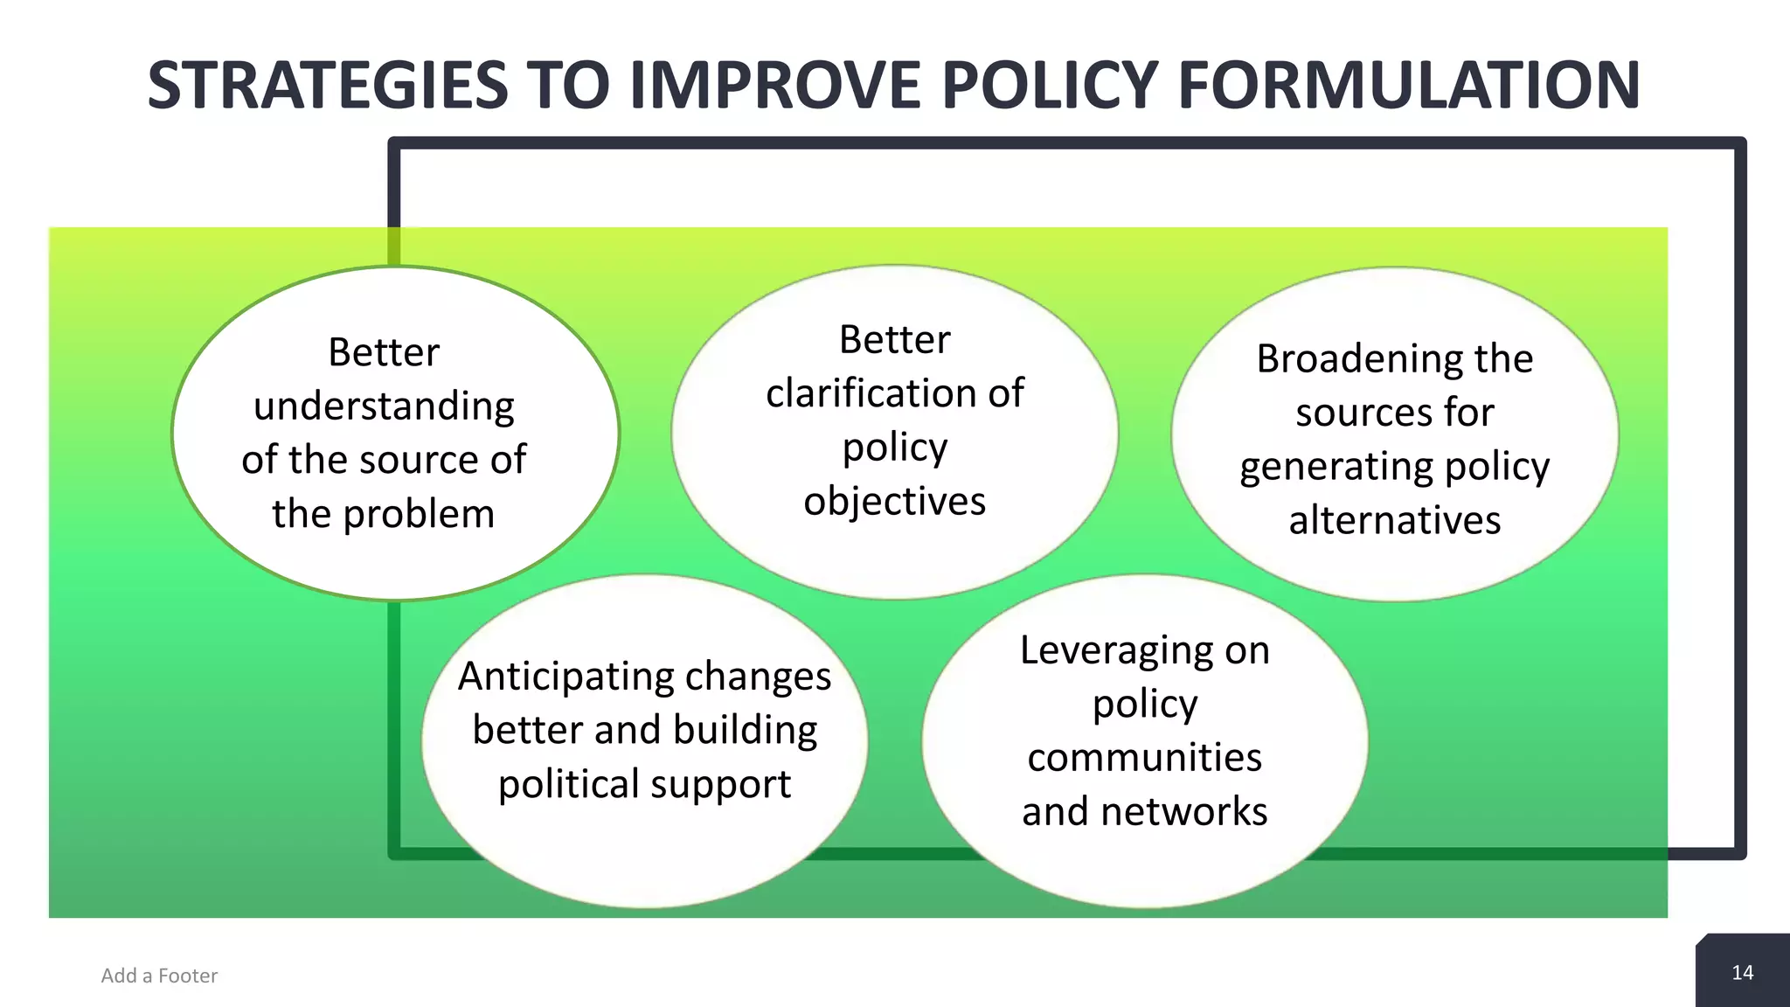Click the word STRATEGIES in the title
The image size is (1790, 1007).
328,86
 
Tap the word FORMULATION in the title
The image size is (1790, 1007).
1408,86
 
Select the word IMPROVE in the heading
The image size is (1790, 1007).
774,86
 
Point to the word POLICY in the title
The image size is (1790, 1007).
1050,86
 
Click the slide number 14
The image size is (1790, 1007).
1742,973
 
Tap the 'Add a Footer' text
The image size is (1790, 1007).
159,976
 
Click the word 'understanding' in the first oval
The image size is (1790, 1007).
384,406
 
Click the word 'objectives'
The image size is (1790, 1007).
895,502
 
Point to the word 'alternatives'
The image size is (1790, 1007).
1395,521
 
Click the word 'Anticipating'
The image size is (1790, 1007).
568,677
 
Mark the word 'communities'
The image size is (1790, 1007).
1145,758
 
